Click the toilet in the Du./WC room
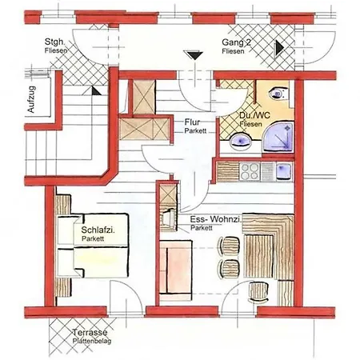pyautogui.click(x=279, y=94)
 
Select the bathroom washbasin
pyautogui.click(x=240, y=142)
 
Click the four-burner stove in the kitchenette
pyautogui.click(x=250, y=171)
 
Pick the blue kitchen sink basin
pyautogui.click(x=283, y=170)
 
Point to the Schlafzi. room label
pyautogui.click(x=98, y=230)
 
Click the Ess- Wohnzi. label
pyautogui.click(x=216, y=220)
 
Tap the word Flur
pyautogui.click(x=192, y=122)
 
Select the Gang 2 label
pyautogui.click(x=237, y=42)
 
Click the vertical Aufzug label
pyautogui.click(x=31, y=99)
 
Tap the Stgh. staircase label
pyautogui.click(x=54, y=42)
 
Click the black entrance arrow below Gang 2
pyautogui.click(x=195, y=55)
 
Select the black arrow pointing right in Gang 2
pyautogui.click(x=279, y=48)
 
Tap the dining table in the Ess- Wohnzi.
pyautogui.click(x=259, y=256)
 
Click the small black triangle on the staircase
pyautogui.click(x=95, y=91)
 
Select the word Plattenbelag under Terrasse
pyautogui.click(x=92, y=341)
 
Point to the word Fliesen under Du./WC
pyautogui.click(x=250, y=124)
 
